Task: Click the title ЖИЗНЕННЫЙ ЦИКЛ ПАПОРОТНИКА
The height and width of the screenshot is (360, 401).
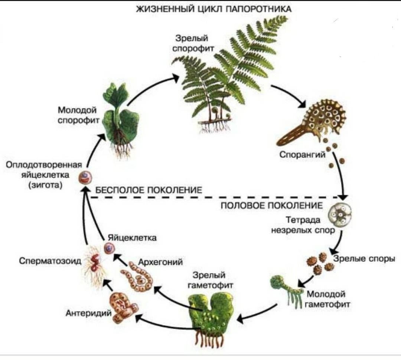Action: [214, 9]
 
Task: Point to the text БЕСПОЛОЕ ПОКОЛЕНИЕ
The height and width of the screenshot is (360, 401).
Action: [149, 190]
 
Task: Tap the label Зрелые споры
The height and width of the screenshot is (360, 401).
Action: [364, 259]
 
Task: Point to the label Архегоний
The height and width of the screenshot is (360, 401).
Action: [160, 262]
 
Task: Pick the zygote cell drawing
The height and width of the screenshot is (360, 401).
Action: [85, 178]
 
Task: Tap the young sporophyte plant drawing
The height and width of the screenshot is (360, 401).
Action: [119, 119]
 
